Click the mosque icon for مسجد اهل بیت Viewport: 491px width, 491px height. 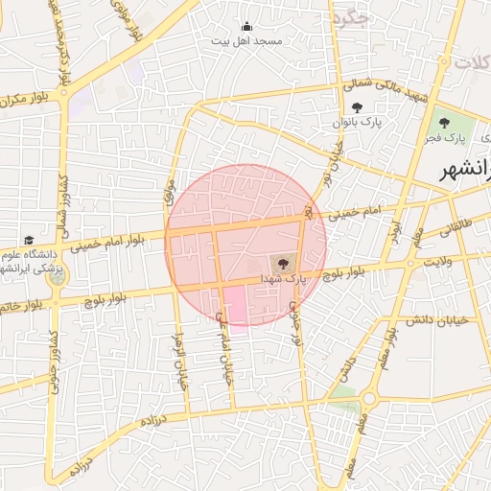[x=246, y=27]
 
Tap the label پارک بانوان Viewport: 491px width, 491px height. [x=357, y=124]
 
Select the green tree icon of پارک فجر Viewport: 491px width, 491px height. [x=443, y=123]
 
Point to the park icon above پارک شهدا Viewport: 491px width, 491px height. [x=283, y=262]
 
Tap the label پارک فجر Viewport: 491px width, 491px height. [x=443, y=140]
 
